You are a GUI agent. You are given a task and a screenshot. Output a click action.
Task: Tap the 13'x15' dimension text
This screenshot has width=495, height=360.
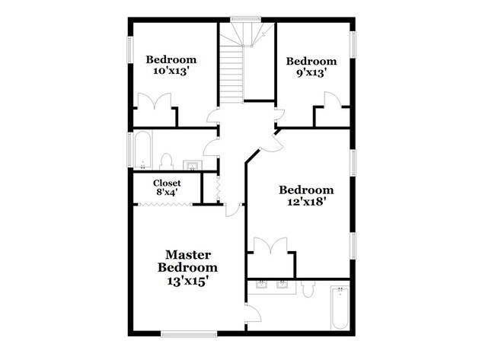(187, 280)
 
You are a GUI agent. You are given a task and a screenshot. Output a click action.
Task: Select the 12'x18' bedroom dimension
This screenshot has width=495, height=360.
(306, 202)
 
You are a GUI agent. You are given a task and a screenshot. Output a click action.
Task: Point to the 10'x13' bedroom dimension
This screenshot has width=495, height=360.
(171, 72)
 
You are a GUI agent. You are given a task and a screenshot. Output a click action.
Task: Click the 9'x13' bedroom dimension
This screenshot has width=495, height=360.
(311, 73)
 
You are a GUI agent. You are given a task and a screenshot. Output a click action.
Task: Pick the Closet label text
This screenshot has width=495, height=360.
(167, 183)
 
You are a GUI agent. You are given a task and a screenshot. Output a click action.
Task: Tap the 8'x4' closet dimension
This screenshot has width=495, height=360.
(167, 193)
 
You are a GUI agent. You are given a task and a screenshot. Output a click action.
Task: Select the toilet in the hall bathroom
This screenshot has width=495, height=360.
(166, 161)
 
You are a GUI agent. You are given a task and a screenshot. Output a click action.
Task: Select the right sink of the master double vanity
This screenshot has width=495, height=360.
(282, 285)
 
